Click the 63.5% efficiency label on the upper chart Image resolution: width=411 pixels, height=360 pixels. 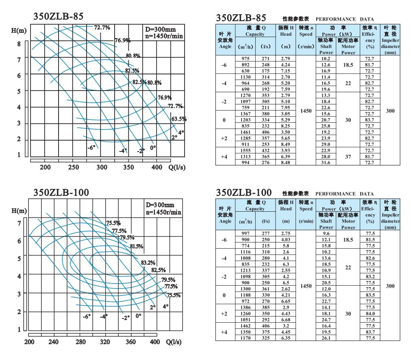point(179,119)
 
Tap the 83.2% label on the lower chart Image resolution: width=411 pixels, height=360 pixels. point(148,263)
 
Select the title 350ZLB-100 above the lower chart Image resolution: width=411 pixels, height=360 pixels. point(61,191)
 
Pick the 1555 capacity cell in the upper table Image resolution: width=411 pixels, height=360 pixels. point(245,150)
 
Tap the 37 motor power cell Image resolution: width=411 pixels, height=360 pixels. point(348,156)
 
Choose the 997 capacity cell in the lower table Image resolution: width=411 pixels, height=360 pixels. point(245,234)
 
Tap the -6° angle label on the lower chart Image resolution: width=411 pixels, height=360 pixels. point(86,317)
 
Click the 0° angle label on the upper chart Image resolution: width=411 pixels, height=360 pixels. point(153,148)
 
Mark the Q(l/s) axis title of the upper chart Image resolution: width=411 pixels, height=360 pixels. point(178,167)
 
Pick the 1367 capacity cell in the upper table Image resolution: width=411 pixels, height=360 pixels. point(245,114)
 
